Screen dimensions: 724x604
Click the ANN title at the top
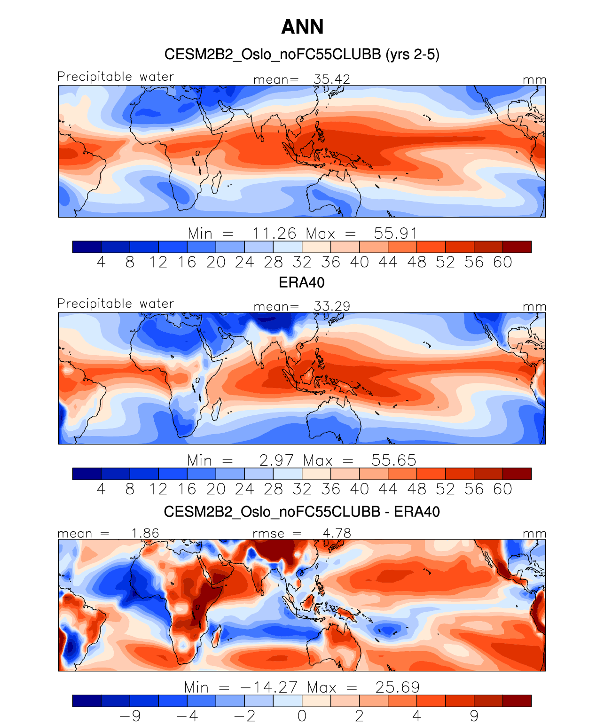302,27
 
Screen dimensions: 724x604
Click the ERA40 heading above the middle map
302,282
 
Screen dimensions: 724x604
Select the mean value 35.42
332,79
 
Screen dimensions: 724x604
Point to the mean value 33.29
332,306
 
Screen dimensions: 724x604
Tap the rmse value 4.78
337,533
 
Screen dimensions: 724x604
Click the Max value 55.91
395,234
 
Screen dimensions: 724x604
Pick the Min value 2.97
276,460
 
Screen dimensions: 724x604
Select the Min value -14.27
268,687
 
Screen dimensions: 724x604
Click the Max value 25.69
397,687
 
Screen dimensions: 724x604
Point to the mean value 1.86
145,533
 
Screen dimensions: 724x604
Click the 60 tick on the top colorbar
502,262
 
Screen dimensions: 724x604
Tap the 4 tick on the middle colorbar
101,490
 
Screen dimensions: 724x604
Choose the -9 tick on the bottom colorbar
130,716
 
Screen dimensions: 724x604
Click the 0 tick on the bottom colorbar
302,716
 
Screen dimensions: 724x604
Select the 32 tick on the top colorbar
302,262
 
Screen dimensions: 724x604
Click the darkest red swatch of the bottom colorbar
517,701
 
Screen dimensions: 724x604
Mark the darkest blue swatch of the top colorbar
87,247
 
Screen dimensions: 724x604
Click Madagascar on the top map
217,182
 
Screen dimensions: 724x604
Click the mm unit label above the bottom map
534,534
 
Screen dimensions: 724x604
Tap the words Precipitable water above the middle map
116,304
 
